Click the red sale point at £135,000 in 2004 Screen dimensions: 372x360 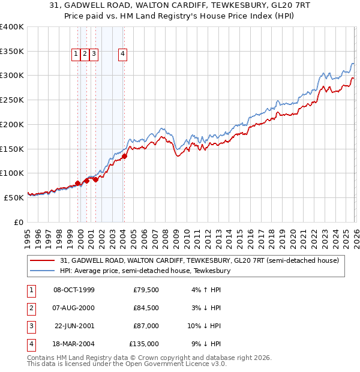tap(124, 157)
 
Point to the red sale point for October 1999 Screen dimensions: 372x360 tap(77, 184)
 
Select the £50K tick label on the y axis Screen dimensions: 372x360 tap(13, 197)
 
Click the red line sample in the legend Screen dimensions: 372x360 tap(43, 260)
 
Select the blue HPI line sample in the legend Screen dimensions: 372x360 tap(43, 271)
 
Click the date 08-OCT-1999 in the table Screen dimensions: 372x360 tap(74, 290)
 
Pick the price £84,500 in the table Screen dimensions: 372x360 tap(146, 308)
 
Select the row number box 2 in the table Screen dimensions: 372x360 tap(30, 308)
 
